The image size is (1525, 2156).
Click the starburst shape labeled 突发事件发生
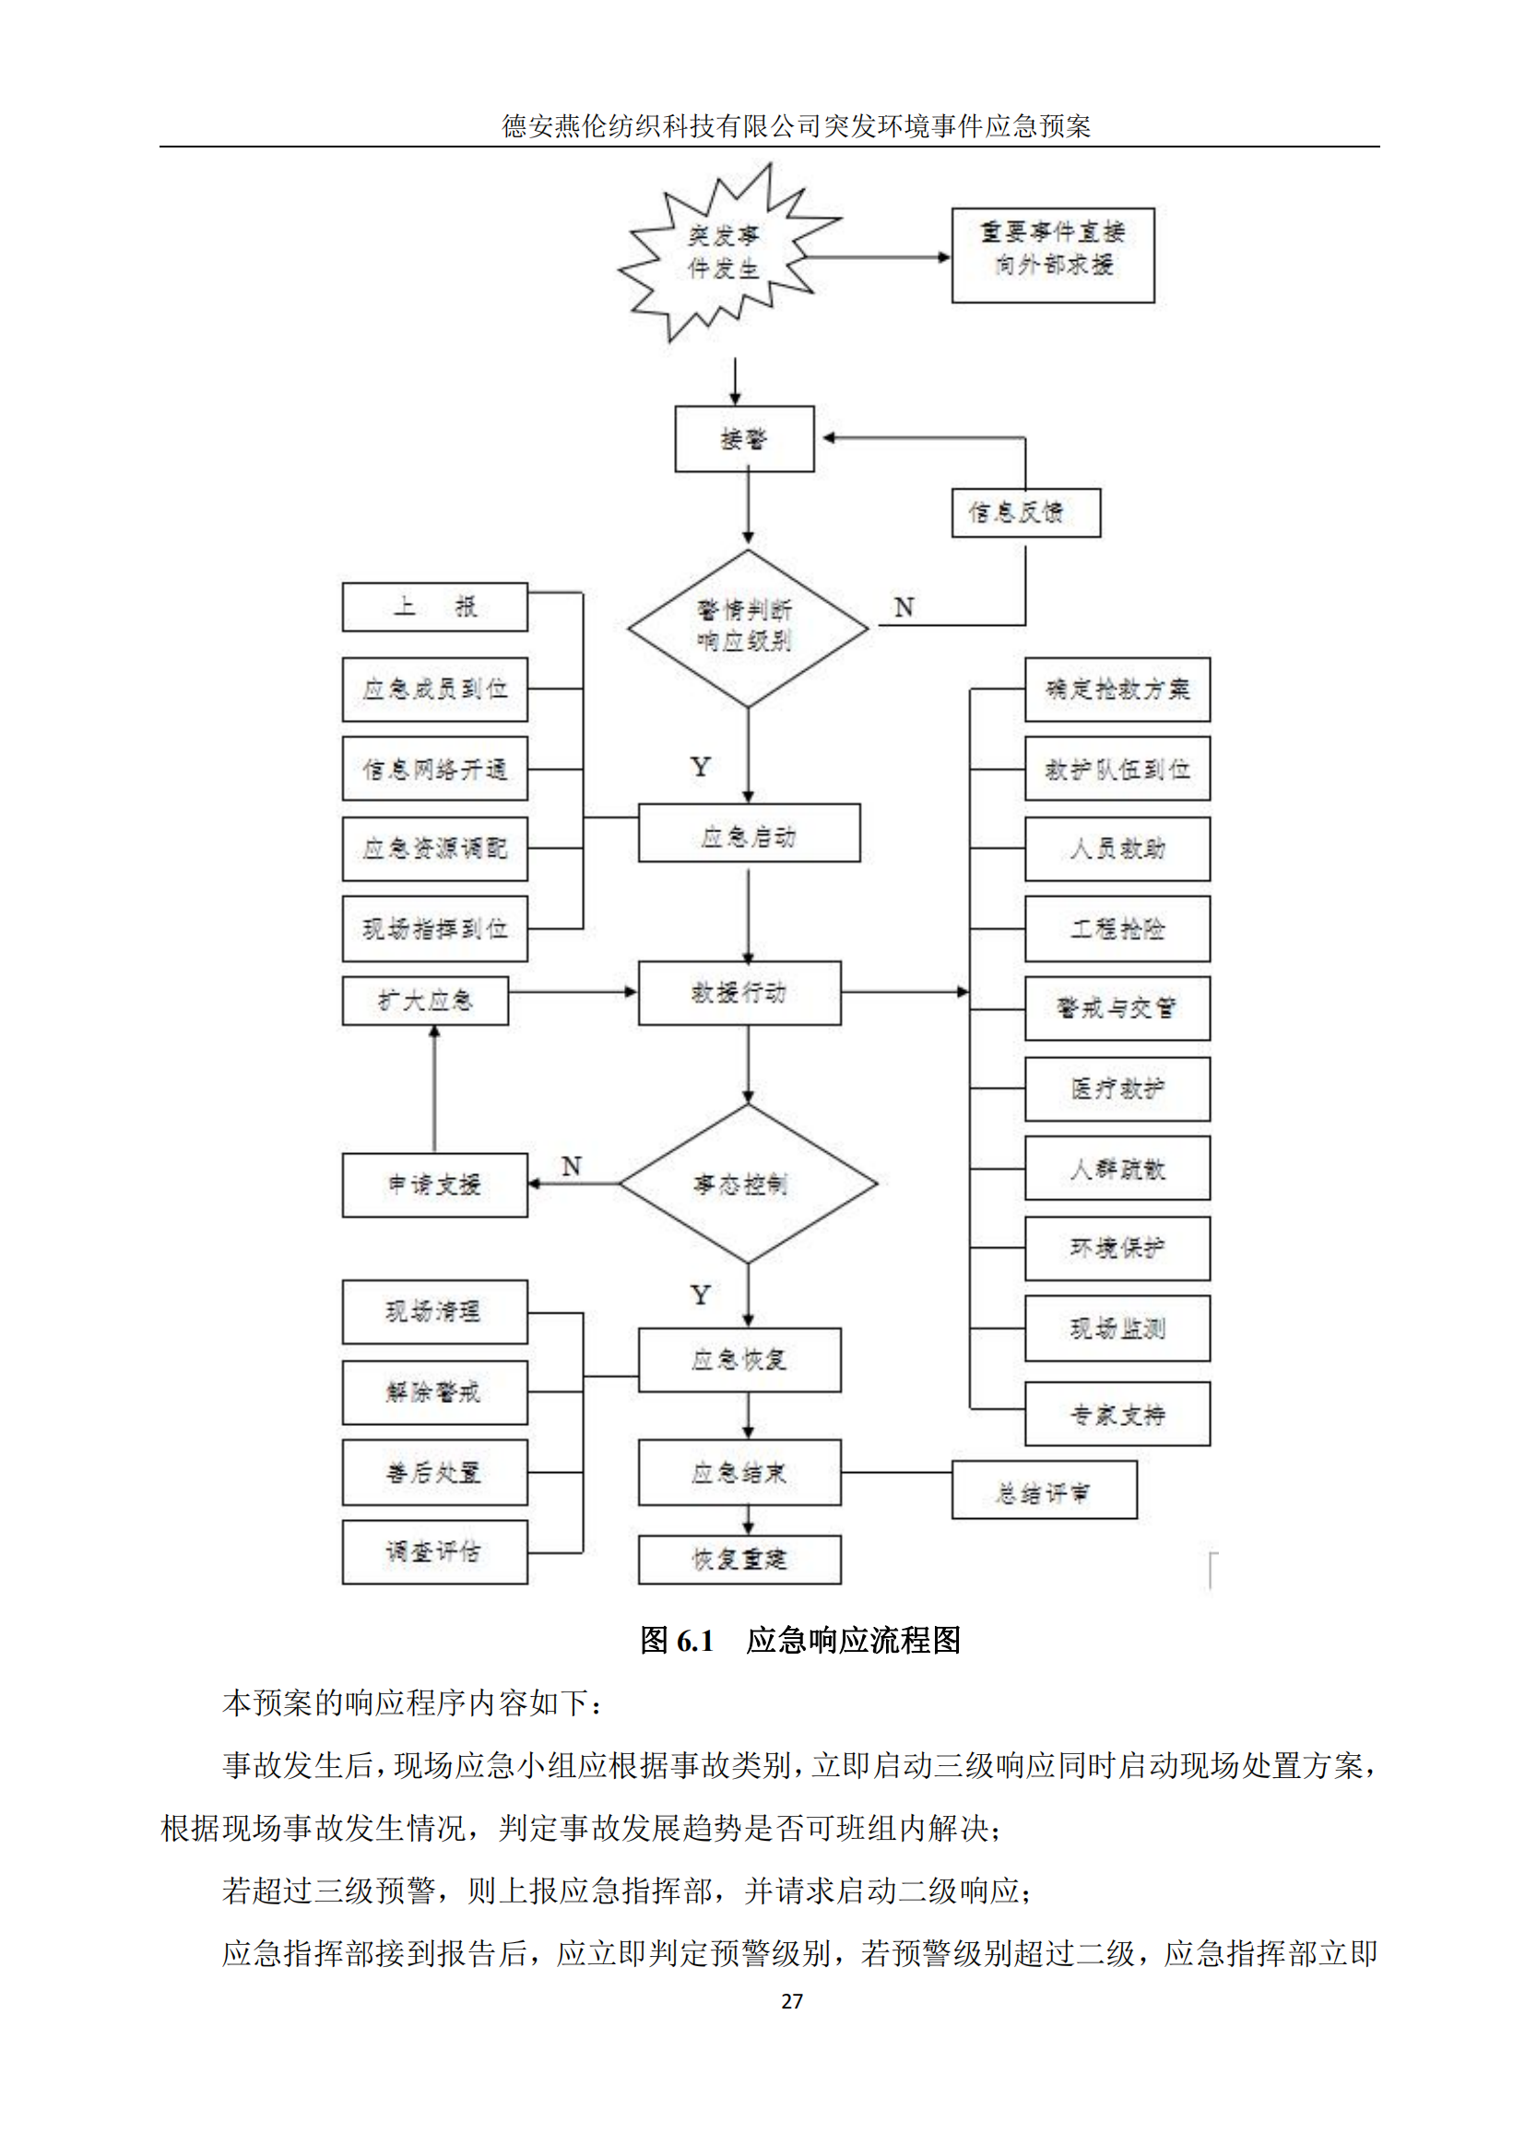click(x=724, y=253)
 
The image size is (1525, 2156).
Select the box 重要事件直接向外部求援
click(x=1052, y=255)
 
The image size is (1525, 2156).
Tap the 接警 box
click(x=744, y=439)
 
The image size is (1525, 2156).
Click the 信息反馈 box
click(x=1025, y=512)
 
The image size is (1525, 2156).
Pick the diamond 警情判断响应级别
click(x=748, y=628)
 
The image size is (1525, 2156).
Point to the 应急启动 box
click(x=749, y=833)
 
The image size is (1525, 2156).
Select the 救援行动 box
click(x=739, y=993)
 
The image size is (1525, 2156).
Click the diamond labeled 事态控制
click(x=748, y=1184)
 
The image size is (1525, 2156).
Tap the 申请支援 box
click(x=434, y=1185)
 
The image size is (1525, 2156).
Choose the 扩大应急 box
click(x=424, y=1001)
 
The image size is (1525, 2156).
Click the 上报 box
click(x=434, y=607)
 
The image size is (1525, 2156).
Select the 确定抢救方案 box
click(x=1117, y=689)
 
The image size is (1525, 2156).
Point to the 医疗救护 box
click(x=1117, y=1090)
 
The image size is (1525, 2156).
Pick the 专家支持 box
click(x=1117, y=1414)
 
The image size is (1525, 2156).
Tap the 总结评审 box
click(x=1044, y=1490)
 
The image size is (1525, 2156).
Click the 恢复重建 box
click(x=739, y=1560)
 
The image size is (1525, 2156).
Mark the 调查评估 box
click(x=434, y=1552)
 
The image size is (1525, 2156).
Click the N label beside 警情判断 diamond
click(x=904, y=607)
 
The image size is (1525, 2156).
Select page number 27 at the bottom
click(x=792, y=2001)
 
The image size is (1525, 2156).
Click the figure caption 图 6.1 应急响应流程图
click(x=800, y=1641)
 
